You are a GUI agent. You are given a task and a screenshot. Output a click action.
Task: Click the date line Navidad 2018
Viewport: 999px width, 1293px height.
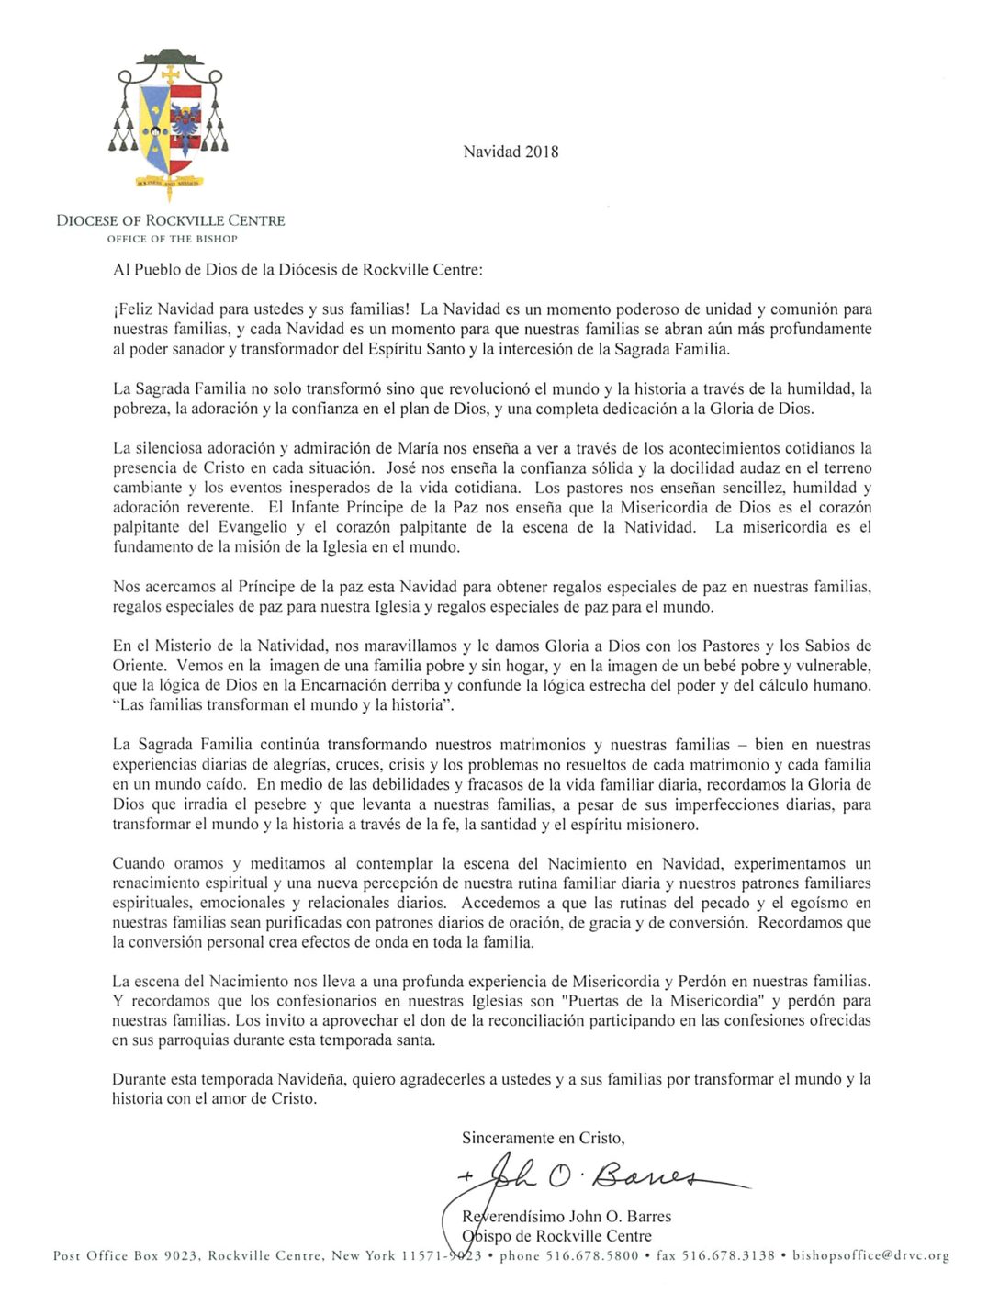[x=511, y=152]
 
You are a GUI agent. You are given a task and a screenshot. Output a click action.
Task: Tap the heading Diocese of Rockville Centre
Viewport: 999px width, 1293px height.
[x=171, y=220]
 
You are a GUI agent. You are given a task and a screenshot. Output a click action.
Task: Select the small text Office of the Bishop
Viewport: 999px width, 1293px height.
[x=172, y=239]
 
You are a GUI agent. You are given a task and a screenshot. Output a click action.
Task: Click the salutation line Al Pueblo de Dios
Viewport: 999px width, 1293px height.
[x=297, y=270]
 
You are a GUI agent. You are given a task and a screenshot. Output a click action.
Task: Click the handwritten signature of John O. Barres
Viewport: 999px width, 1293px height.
[x=597, y=1176]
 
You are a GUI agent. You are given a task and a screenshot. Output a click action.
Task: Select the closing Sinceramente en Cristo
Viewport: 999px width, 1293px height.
[x=543, y=1138]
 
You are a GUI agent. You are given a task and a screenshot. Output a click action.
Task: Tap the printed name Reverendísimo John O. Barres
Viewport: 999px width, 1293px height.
[x=567, y=1217]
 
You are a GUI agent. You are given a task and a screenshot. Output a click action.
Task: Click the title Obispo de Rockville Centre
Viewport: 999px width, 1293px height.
[x=556, y=1236]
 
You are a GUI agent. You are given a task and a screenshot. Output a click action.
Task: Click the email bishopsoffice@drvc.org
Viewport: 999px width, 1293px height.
[x=870, y=1255]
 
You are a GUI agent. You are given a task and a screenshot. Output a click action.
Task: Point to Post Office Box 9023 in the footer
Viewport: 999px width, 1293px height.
[x=125, y=1255]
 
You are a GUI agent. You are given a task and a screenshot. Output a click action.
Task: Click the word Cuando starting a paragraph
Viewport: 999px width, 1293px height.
[x=141, y=863]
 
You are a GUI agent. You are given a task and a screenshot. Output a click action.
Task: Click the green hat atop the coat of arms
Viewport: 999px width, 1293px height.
[x=170, y=58]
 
